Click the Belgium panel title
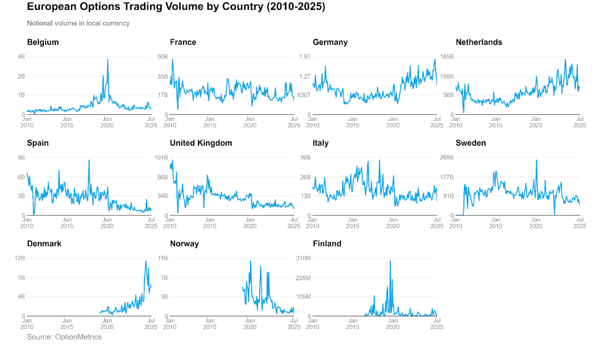[x=43, y=42]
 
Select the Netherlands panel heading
[x=479, y=42]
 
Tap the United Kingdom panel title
[x=201, y=143]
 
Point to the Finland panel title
[x=327, y=244]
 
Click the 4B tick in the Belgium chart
[x=22, y=56]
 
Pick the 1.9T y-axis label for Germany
[x=305, y=56]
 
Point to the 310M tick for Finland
[x=303, y=258]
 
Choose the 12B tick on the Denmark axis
[x=20, y=258]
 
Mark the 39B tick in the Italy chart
[x=305, y=157]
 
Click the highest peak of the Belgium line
[x=107, y=59]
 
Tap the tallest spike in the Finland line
[x=390, y=261]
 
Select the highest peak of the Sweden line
[x=536, y=160]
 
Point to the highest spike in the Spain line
[x=89, y=160]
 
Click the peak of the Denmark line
[x=146, y=261]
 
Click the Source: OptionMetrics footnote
[x=64, y=337]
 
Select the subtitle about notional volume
[x=78, y=23]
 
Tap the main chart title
[x=176, y=7]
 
